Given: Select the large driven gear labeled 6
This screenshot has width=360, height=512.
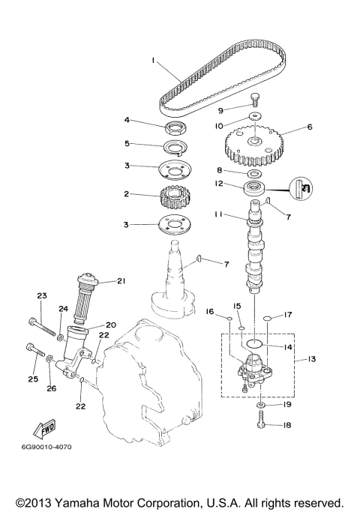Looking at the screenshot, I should tap(256, 142).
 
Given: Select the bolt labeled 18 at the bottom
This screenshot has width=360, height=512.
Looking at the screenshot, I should tap(260, 424).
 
